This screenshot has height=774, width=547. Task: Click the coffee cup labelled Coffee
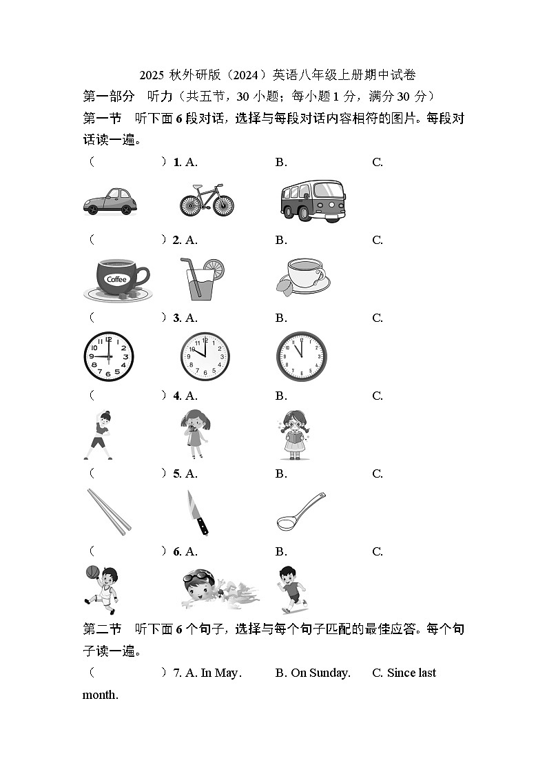[x=116, y=279]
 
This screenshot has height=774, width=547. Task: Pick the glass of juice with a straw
[x=201, y=279]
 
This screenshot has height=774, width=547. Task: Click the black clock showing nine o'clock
[x=109, y=357]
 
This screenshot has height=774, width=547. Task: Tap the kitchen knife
[x=198, y=513]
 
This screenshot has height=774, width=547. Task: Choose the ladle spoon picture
[x=300, y=511]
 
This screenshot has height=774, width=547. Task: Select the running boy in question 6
[x=292, y=589]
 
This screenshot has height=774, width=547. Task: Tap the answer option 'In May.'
[x=214, y=673]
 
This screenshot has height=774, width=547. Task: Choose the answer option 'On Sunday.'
[x=313, y=673]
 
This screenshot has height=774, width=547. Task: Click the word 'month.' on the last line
[x=101, y=695]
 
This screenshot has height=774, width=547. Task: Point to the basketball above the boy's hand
[x=92, y=571]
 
